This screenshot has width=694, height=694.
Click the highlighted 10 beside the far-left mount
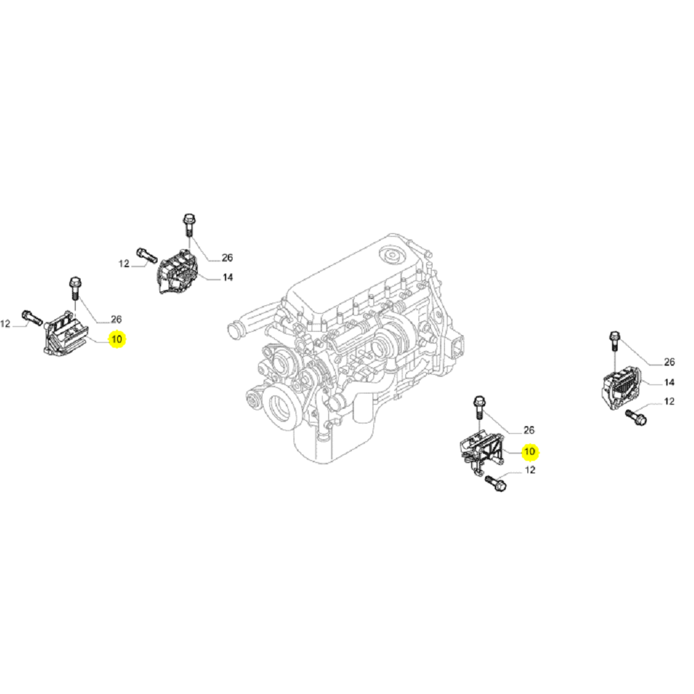117,339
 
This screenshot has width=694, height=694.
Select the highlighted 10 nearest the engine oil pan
530,452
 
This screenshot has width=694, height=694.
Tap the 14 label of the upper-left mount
227,278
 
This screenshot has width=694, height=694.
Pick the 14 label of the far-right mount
669,382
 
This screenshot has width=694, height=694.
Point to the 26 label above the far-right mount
669,362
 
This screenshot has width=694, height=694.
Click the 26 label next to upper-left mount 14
227,258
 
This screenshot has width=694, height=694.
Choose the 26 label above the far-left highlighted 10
116,319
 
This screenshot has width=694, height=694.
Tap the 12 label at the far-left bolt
6,323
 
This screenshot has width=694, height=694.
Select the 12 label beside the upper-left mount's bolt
124,264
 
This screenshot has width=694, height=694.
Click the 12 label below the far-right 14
669,402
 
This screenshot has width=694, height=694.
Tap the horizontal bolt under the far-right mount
636,416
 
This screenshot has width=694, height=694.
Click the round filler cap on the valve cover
393,255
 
